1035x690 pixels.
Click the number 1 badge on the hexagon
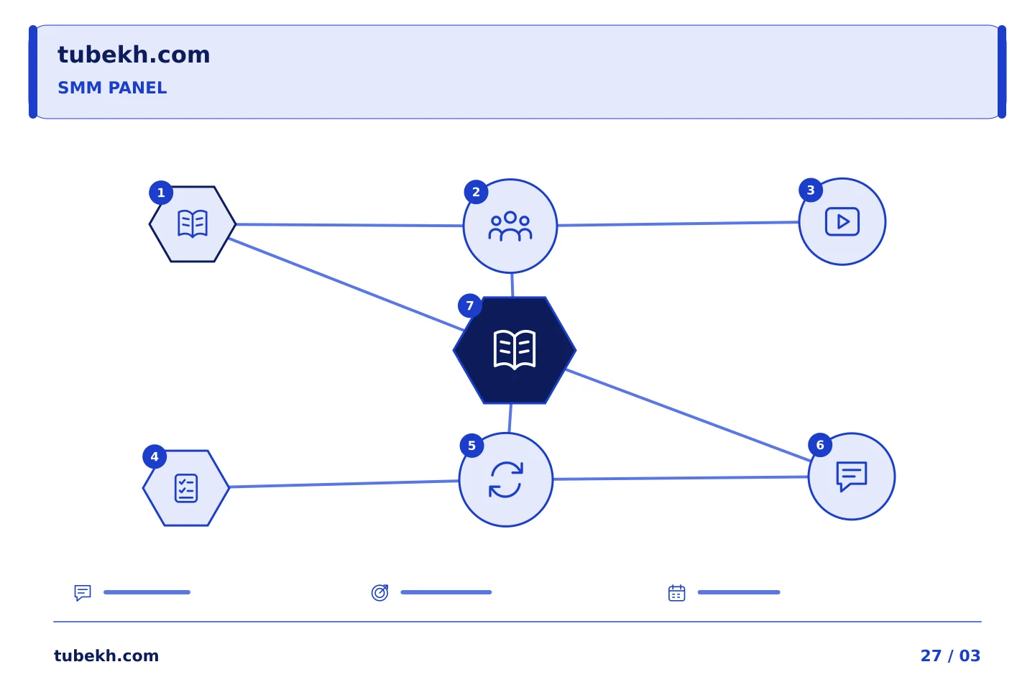[161, 193]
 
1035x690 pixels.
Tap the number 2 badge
[476, 192]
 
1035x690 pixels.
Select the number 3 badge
[811, 190]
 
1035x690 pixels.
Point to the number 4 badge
[155, 456]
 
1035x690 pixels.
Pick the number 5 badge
[471, 446]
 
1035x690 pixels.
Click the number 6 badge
[820, 445]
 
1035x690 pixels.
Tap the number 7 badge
[470, 305]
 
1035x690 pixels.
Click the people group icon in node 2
[510, 226]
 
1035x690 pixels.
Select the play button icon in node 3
[842, 222]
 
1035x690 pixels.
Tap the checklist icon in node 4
[186, 488]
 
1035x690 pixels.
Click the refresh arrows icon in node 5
[506, 479]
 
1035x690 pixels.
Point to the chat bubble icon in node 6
[852, 477]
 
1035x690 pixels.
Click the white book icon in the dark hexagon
[515, 350]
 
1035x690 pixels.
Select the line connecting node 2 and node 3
[678, 224]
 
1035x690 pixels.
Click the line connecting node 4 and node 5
[344, 484]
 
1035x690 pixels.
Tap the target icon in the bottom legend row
[379, 592]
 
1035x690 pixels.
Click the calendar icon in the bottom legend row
[677, 593]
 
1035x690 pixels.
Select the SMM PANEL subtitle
[112, 88]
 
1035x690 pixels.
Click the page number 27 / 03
[950, 655]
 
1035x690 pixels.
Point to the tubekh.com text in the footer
[106, 655]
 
